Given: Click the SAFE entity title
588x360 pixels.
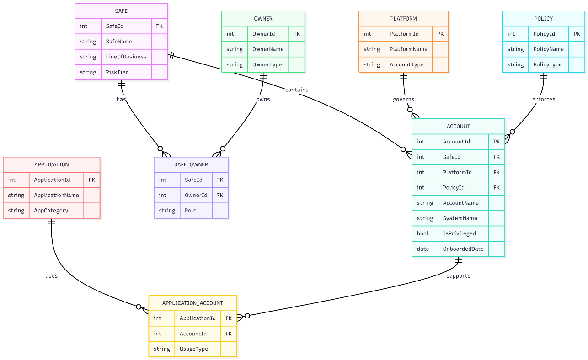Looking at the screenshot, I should (121, 11).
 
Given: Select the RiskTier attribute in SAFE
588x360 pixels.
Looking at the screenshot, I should (117, 72).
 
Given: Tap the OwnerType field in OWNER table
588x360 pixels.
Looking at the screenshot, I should (267, 64).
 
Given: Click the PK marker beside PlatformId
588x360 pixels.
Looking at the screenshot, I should (440, 34).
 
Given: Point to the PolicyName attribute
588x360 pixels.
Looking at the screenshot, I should (549, 49).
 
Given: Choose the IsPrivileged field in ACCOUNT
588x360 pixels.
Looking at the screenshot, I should (459, 233).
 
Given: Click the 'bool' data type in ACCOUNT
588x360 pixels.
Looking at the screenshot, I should (422, 233).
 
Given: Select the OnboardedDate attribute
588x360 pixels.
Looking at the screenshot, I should (463, 249).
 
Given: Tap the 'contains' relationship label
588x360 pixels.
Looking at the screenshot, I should (297, 90).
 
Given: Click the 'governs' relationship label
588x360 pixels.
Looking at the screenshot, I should (403, 99).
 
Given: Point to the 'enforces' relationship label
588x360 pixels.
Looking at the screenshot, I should (543, 99).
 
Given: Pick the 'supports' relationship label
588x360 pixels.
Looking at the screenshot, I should (458, 276).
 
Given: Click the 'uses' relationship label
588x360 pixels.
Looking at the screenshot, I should (51, 276).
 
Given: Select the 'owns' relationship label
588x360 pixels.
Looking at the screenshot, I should (263, 99).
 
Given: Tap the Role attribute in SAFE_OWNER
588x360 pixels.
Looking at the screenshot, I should (190, 211).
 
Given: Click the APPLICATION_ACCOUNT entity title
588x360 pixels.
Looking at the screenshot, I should (192, 303).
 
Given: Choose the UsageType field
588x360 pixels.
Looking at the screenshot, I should (193, 349).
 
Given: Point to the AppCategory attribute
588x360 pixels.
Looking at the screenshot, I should (51, 211).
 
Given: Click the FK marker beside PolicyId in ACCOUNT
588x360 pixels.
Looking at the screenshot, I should (497, 187).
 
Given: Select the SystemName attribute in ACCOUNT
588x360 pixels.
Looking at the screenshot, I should (460, 218).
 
